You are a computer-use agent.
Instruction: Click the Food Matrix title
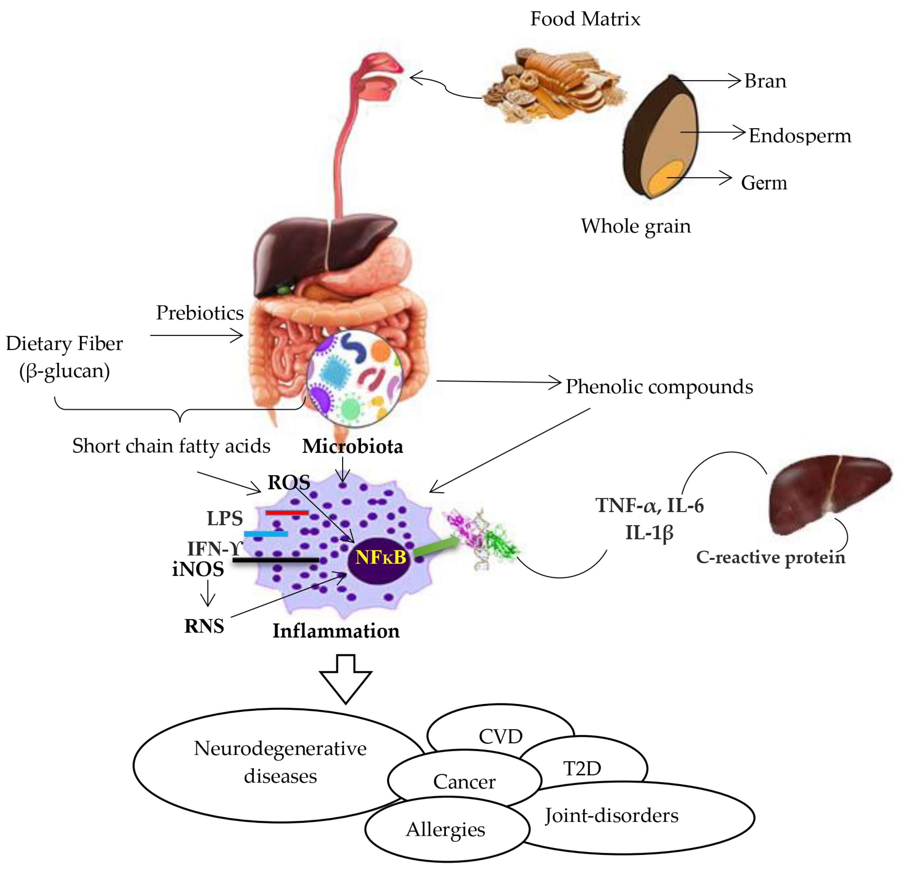(x=585, y=19)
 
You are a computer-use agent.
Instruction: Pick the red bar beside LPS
(x=287, y=512)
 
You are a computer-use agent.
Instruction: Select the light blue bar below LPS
(x=266, y=534)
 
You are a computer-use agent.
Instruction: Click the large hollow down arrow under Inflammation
(x=345, y=679)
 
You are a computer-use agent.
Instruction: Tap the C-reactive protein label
(x=771, y=557)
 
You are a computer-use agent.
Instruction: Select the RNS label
(x=204, y=626)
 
